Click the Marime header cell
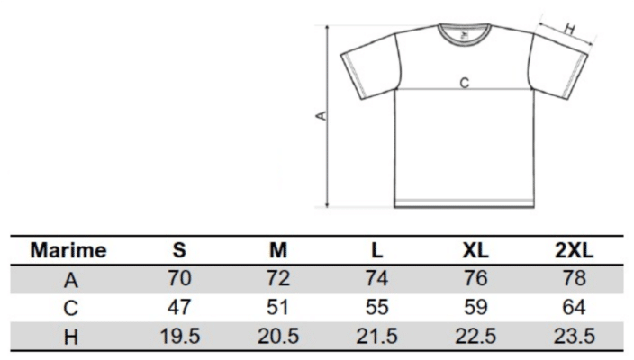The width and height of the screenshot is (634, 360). [68, 250]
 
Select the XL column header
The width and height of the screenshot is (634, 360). [475, 250]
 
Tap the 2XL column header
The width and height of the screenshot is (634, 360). [574, 250]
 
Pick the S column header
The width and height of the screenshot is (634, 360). [179, 250]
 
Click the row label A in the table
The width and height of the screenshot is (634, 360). [71, 280]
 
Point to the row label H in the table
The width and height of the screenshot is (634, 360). [71, 337]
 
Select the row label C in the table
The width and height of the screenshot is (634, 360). [71, 308]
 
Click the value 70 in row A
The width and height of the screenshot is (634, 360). [179, 278]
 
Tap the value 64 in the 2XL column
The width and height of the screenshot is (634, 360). [574, 307]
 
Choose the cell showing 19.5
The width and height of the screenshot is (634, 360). [180, 336]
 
